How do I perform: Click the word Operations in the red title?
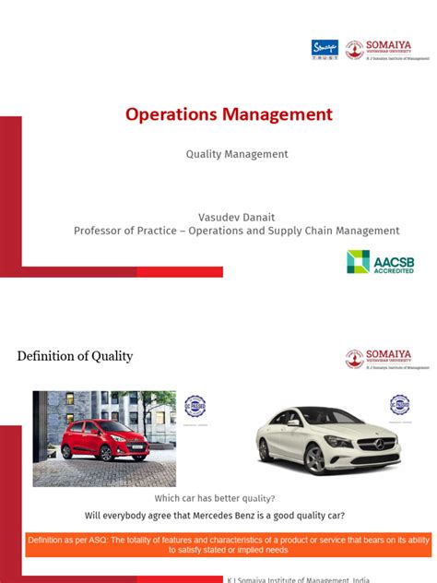[169, 115]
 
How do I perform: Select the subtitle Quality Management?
[237, 154]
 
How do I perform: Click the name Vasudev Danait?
[237, 215]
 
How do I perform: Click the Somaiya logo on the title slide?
[387, 50]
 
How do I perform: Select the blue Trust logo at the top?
[325, 49]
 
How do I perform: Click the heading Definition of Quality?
[76, 356]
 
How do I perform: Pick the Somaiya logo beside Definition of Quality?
[387, 360]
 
